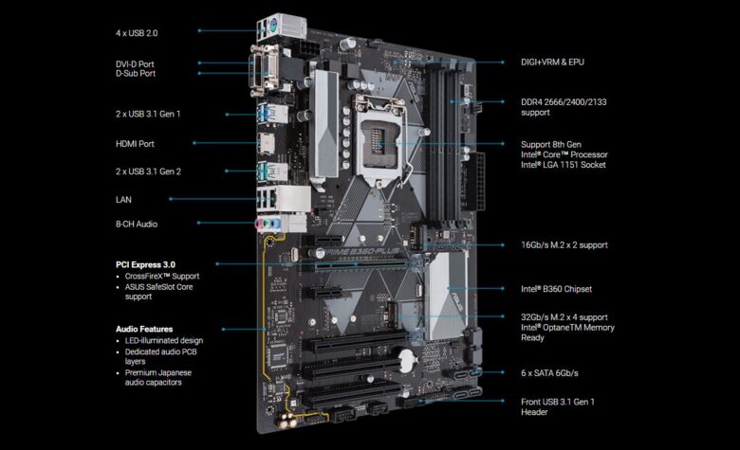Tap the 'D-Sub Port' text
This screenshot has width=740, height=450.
coord(136,73)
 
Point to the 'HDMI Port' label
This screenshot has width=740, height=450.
coord(134,144)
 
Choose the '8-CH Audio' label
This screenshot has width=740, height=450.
coord(136,224)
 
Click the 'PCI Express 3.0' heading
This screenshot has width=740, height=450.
coord(145,264)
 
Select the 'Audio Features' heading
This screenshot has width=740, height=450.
coord(144,329)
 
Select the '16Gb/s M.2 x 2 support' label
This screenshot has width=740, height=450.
coord(564,244)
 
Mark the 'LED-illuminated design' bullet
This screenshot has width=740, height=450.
coord(163,340)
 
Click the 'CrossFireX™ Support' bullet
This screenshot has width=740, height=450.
coord(161,276)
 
